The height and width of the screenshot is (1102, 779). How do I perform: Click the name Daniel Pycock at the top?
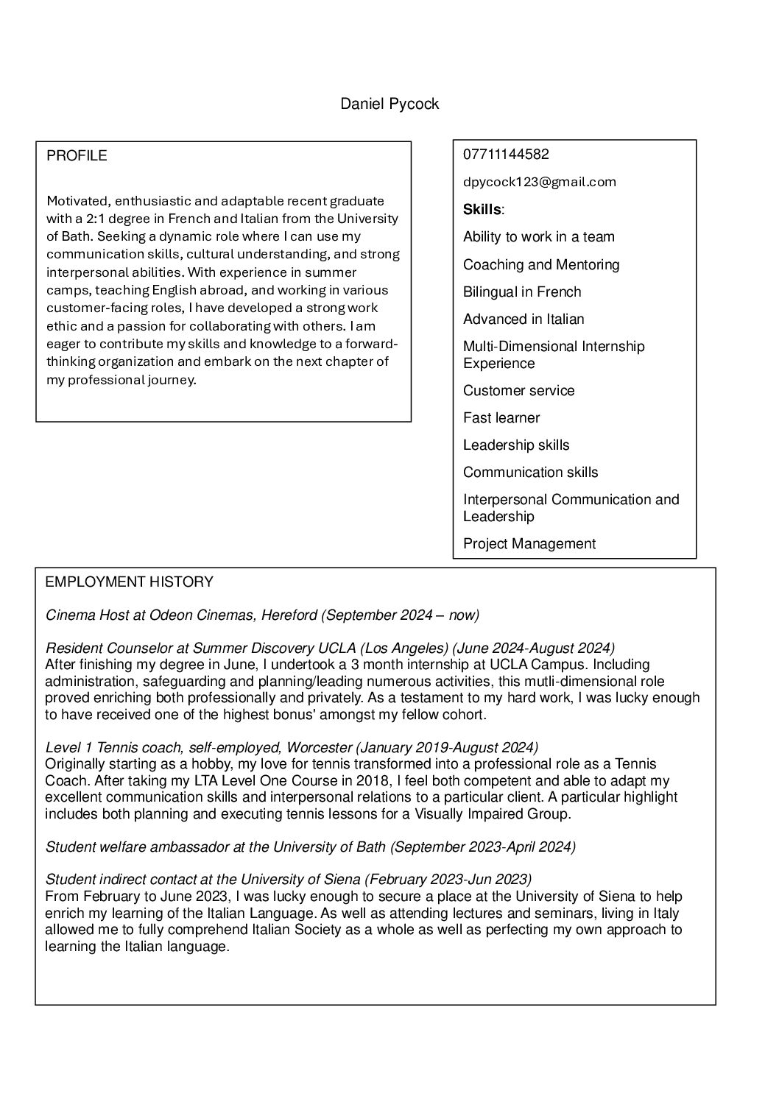pyautogui.click(x=389, y=104)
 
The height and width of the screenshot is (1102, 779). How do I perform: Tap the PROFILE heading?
pyautogui.click(x=77, y=155)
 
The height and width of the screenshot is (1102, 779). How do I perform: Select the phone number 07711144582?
pyautogui.click(x=506, y=155)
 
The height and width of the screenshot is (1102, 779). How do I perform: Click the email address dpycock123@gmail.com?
pyautogui.click(x=539, y=182)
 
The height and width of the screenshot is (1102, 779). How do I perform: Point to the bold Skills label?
pyautogui.click(x=482, y=210)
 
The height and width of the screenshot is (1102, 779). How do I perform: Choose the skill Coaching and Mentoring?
pyautogui.click(x=541, y=264)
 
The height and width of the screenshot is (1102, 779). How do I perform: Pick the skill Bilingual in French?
pyautogui.click(x=522, y=292)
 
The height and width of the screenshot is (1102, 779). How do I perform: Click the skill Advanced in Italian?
pyautogui.click(x=524, y=319)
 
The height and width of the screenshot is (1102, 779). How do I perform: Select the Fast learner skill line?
pyautogui.click(x=501, y=417)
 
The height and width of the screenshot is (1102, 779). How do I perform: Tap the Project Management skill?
pyautogui.click(x=529, y=543)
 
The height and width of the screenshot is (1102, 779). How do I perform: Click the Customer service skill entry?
pyautogui.click(x=518, y=390)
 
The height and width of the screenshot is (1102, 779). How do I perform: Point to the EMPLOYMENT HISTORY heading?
pyautogui.click(x=129, y=582)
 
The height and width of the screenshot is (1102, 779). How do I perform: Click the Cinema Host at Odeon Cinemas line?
pyautogui.click(x=262, y=615)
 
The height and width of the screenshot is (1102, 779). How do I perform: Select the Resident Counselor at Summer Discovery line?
pyautogui.click(x=330, y=648)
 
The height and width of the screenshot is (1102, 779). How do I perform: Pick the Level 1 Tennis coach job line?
pyautogui.click(x=292, y=747)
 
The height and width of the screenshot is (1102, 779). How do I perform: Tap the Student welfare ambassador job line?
pyautogui.click(x=310, y=847)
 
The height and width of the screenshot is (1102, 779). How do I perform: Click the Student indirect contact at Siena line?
pyautogui.click(x=288, y=879)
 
